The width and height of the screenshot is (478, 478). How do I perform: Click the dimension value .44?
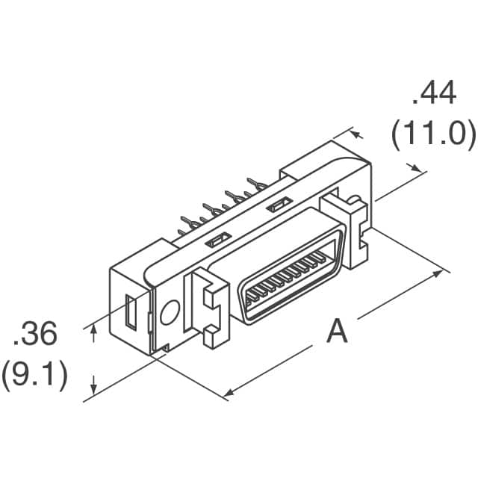click(434, 93)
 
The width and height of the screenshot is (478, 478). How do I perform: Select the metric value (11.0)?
click(433, 134)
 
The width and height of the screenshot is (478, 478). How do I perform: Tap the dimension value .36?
click(35, 333)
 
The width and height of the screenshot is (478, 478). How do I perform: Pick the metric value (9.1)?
click(34, 375)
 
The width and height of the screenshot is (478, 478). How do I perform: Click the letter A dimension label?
click(337, 331)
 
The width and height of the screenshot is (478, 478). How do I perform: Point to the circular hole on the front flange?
click(170, 312)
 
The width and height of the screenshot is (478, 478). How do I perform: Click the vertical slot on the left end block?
click(131, 312)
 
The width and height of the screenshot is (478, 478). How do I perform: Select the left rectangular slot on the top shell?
click(217, 239)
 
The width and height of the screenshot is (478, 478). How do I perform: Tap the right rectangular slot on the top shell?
click(279, 204)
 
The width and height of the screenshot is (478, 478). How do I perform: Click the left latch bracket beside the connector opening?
click(208, 308)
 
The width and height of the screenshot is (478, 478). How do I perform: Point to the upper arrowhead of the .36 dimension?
click(94, 329)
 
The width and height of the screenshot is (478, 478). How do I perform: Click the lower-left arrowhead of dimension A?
click(229, 393)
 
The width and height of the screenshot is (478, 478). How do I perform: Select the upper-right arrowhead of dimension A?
click(436, 273)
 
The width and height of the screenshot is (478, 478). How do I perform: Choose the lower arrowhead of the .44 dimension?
click(416, 167)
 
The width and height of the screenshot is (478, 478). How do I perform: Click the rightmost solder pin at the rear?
click(257, 184)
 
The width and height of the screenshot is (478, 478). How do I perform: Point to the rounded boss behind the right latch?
click(357, 199)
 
